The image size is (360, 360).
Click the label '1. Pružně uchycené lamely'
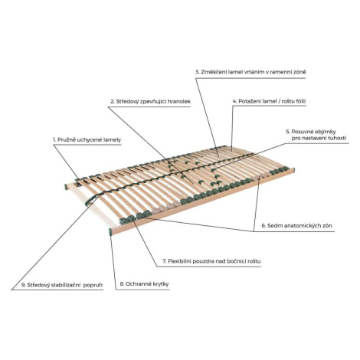(x=87, y=139)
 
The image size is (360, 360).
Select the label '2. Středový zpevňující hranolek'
(x=151, y=101)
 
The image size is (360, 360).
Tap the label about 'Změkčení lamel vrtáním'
(x=250, y=72)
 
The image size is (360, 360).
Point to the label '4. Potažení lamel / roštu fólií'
(x=269, y=101)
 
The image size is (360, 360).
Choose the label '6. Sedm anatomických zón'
(x=296, y=226)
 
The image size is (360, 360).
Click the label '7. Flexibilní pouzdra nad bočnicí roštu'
(x=211, y=261)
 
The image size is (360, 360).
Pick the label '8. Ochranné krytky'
(x=144, y=284)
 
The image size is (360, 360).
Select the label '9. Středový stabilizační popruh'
(x=62, y=285)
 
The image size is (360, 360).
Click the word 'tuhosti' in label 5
(x=337, y=138)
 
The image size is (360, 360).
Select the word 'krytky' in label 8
(x=160, y=284)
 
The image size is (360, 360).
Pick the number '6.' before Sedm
(x=264, y=226)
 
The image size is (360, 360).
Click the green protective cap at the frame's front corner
(x=110, y=232)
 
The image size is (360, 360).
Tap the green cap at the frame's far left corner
(x=65, y=186)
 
